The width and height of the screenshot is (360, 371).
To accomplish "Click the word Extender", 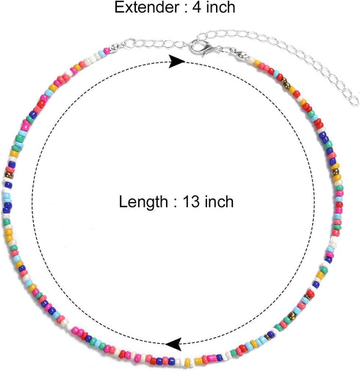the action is point(147,7).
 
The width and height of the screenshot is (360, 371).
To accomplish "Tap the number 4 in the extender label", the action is point(197,7).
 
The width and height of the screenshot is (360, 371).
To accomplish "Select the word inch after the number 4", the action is point(220,7).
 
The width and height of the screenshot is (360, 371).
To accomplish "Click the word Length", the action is point(143,203).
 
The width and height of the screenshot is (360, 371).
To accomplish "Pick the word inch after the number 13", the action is point(219,201).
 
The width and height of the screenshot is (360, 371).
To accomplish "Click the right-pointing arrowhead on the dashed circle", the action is point(177,62).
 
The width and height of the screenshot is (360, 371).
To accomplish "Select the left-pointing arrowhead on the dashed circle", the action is point(173,344).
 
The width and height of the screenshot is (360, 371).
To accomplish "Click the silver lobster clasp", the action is point(201,48).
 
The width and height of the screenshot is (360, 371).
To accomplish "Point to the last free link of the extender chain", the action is point(354,101).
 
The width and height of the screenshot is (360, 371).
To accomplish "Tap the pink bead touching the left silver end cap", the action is point(107,51).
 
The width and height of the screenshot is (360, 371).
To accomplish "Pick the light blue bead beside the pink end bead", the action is point(102,54).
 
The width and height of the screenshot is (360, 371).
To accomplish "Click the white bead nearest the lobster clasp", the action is point(251,60).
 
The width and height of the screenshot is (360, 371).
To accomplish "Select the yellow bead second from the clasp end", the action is point(257,63).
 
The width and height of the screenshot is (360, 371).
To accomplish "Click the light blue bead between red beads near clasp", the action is point(276,73).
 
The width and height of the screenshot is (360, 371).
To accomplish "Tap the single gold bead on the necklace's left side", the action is point(9,176).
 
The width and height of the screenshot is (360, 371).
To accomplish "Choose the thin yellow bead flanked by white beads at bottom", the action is point(187,363).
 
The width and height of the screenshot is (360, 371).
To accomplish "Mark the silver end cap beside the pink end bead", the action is point(114,48).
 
